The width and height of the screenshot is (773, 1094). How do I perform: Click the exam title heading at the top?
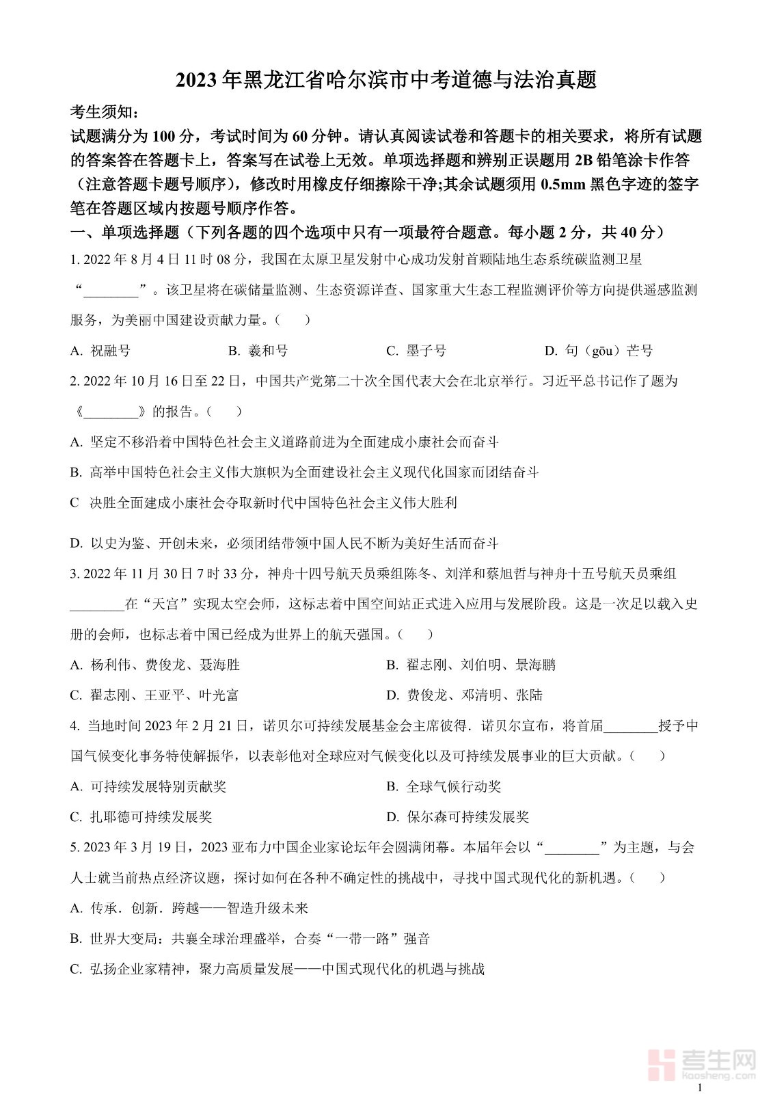386,80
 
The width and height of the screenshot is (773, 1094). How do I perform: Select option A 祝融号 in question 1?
100,351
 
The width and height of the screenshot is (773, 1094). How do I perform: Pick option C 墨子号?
416,351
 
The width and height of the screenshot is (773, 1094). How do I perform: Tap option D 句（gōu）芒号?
599,351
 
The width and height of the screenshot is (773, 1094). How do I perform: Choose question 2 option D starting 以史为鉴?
284,544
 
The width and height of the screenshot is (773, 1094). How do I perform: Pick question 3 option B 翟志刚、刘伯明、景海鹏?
471,665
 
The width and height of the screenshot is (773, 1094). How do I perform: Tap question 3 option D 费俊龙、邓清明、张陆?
464,695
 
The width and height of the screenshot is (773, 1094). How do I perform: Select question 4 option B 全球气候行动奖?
444,786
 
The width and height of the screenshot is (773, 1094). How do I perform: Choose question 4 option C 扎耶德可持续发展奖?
141,817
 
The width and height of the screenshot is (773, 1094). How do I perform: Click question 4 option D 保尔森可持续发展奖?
457,817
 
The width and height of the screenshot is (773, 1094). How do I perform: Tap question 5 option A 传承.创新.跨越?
189,908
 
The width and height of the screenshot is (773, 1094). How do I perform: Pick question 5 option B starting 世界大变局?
250,939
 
